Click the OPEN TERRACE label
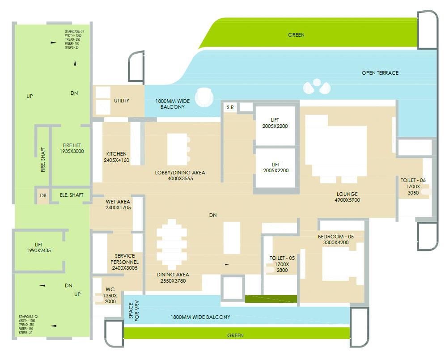point(380,73)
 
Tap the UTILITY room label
point(121,101)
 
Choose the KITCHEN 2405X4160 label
point(116,157)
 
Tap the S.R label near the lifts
point(230,107)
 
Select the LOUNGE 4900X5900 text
point(347,197)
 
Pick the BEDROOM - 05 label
point(336,239)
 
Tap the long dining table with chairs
point(172,244)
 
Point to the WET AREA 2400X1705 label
point(118,205)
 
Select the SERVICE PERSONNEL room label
point(124,262)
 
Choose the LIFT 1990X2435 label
point(39,248)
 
